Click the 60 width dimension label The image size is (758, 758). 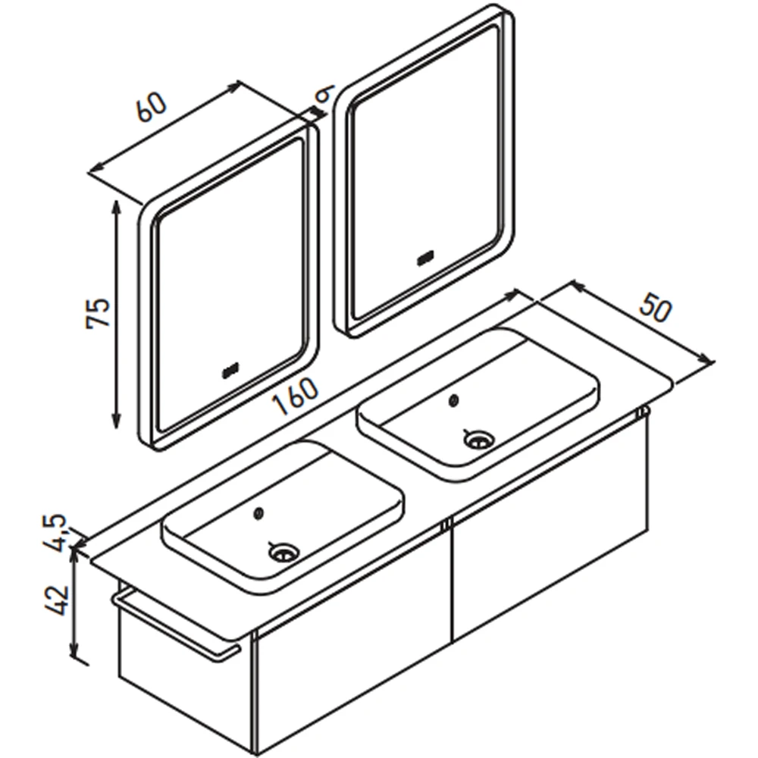click(152, 107)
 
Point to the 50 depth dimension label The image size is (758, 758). click(656, 309)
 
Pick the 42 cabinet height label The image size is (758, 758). click(57, 600)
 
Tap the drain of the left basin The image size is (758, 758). click(284, 552)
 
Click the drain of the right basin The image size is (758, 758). click(478, 440)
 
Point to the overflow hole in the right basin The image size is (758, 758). click(453, 399)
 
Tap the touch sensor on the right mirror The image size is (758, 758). click(425, 259)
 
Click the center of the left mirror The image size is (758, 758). click(229, 287)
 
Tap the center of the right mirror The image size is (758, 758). click(424, 171)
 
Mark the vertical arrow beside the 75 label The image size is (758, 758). click(116, 315)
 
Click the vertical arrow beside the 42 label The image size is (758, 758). click(74, 604)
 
